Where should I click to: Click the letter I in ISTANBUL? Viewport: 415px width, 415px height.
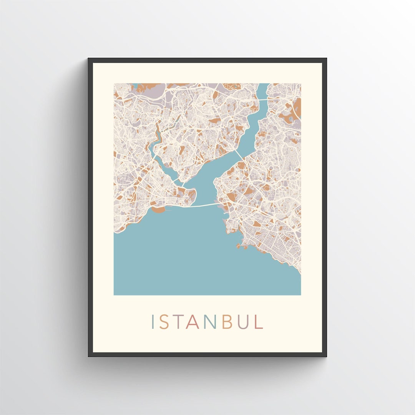pos(153,322)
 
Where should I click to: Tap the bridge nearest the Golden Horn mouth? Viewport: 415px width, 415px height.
pos(185,186)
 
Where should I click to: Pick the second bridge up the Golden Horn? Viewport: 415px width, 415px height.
pos(175,179)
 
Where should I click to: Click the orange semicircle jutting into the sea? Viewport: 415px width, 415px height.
pos(158,210)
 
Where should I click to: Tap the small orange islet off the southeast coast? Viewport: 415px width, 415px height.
pos(239,246)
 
